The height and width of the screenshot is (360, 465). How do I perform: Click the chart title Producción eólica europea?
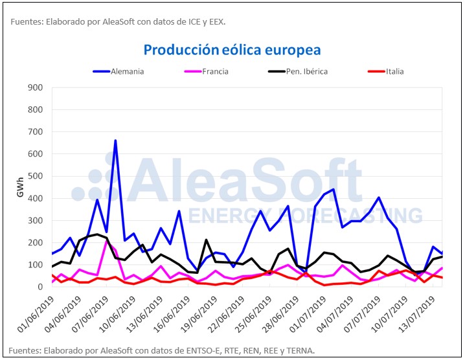(232, 50)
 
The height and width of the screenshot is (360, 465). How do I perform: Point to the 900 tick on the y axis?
(35, 87)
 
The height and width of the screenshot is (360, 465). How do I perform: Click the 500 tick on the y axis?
(35, 176)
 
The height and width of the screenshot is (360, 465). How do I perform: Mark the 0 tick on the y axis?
(41, 287)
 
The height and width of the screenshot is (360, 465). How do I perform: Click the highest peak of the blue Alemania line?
(115, 141)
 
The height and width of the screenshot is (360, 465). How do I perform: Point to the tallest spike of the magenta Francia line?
(107, 240)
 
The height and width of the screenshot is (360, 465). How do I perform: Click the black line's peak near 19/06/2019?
(206, 240)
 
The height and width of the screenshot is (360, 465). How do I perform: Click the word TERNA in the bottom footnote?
(301, 350)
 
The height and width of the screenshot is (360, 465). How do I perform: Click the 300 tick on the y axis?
(35, 220)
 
